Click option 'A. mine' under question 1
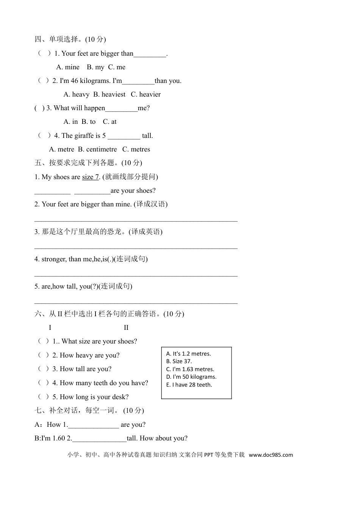click(68, 67)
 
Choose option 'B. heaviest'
click(109, 94)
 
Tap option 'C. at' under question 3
click(110, 122)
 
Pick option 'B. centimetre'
click(97, 149)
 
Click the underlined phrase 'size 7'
click(90, 177)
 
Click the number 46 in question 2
click(74, 81)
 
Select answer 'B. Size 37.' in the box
click(179, 361)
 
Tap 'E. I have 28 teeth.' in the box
click(189, 385)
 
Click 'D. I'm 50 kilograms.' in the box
click(191, 377)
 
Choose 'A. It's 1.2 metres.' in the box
click(188, 354)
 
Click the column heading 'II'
click(126, 328)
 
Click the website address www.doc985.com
click(271, 455)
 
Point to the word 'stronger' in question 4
click(54, 259)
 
